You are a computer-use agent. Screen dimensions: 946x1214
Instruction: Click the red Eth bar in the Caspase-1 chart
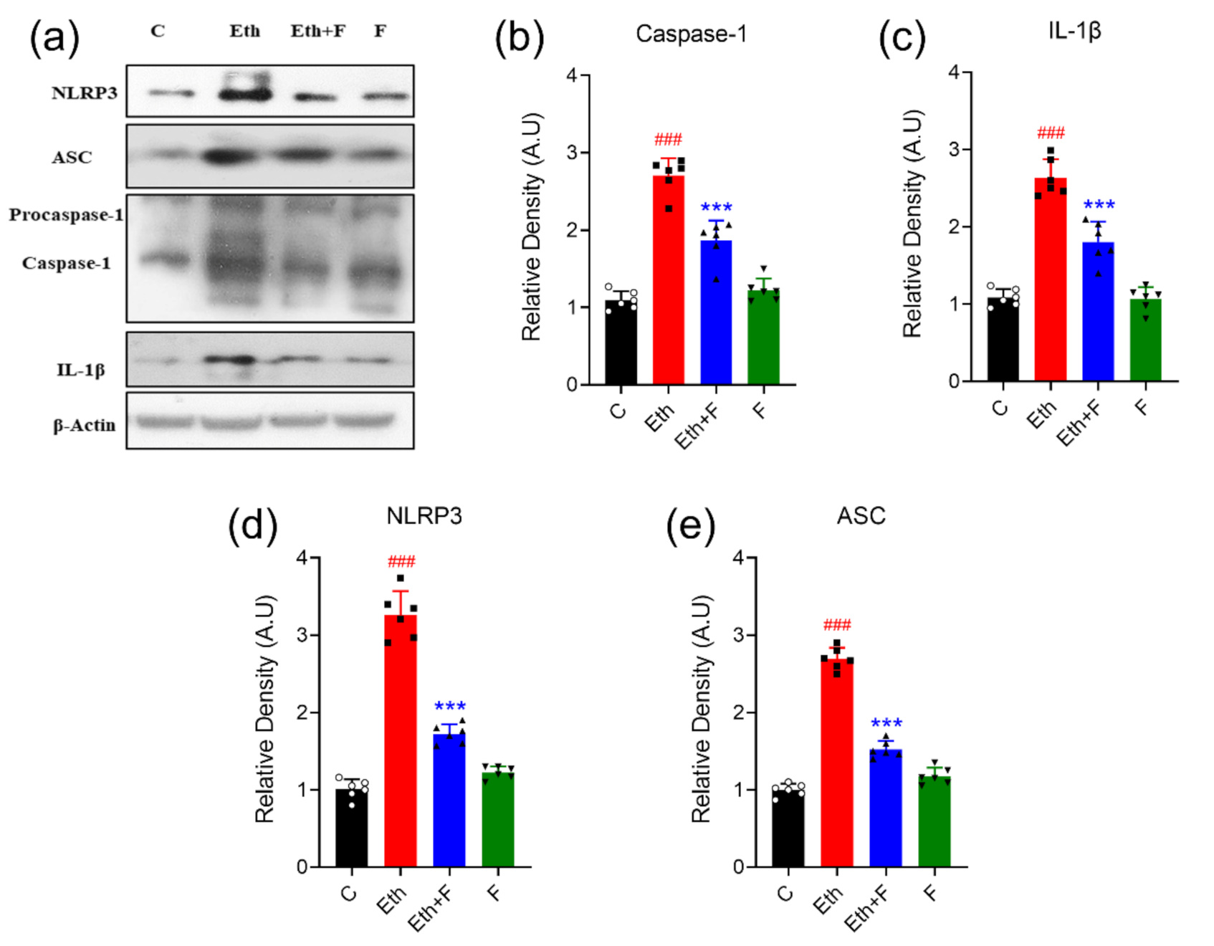pos(668,279)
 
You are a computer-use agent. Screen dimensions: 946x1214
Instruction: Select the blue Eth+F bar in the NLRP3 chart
pos(449,799)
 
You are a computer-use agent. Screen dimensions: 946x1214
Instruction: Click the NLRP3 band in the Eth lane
pos(245,94)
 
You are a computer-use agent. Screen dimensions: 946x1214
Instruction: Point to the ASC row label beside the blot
pos(72,158)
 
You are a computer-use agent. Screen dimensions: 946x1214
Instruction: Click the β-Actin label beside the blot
pos(84,426)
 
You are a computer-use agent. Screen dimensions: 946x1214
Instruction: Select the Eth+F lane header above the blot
pos(317,32)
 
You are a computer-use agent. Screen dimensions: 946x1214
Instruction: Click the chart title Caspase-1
pos(691,34)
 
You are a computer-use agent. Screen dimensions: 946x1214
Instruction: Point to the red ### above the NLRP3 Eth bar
pos(401,561)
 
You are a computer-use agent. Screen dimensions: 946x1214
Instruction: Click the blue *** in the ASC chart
pos(886,723)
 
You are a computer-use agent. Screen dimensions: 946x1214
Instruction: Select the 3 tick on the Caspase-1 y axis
pos(572,153)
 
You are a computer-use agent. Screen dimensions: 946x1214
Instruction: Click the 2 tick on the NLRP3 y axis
pos(302,712)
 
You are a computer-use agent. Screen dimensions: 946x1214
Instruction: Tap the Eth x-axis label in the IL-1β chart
pos(1041,414)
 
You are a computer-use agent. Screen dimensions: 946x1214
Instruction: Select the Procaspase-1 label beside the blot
pos(66,215)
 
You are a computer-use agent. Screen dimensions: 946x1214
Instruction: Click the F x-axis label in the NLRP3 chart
pos(494,893)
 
